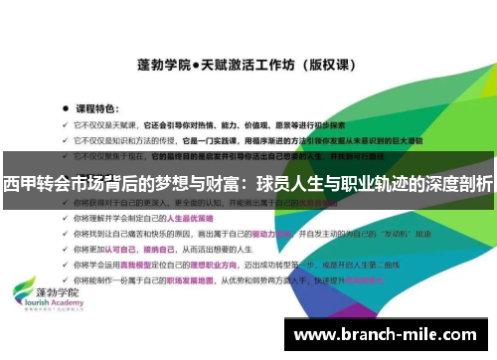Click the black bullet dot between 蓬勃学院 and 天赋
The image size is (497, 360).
[197, 63]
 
